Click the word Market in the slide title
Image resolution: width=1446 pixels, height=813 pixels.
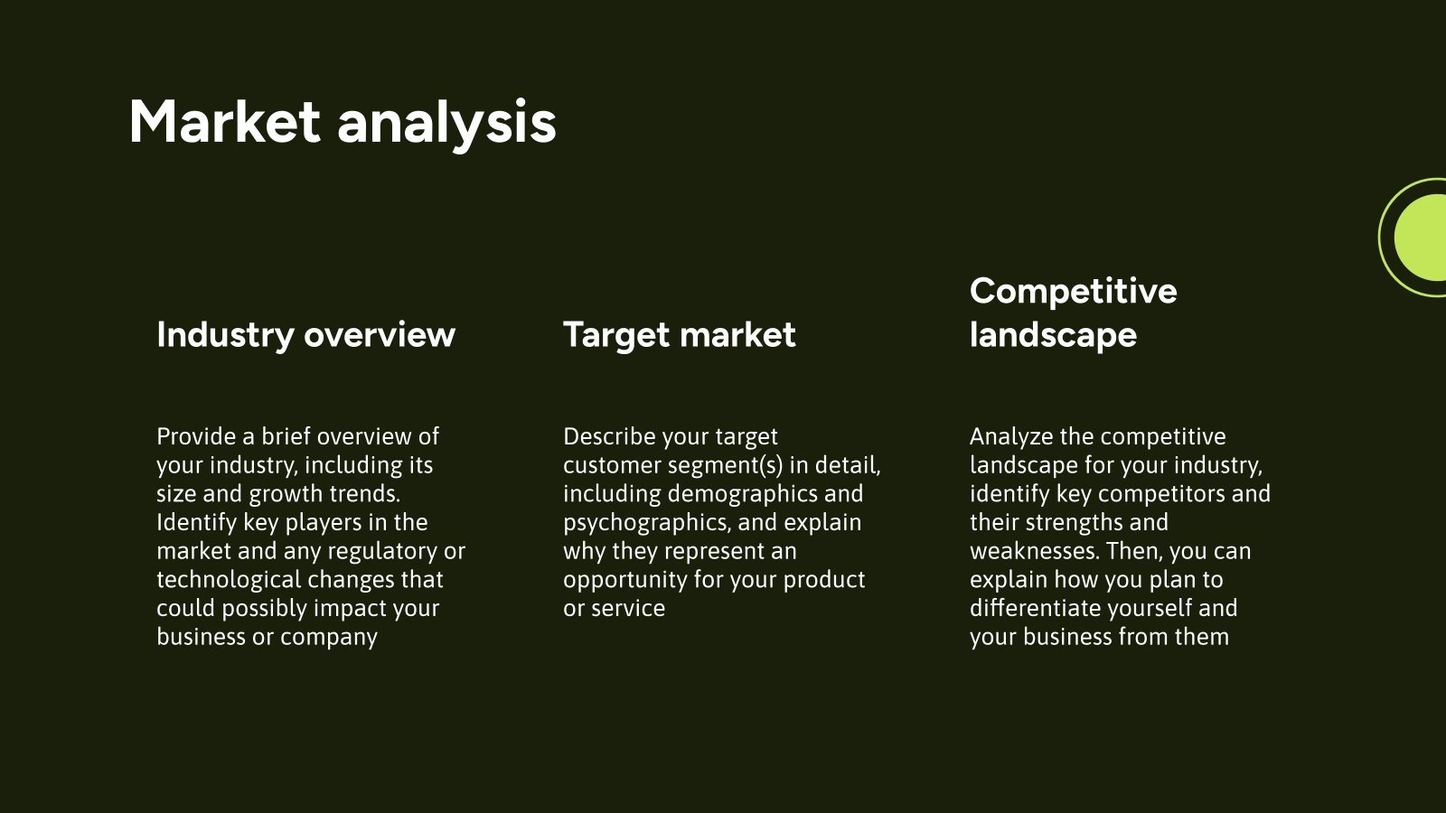pyautogui.click(x=225, y=122)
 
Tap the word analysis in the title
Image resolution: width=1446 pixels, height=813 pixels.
pyautogui.click(x=446, y=126)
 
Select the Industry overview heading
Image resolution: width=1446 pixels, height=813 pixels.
pyautogui.click(x=306, y=335)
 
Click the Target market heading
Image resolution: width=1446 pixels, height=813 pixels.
pyautogui.click(x=679, y=335)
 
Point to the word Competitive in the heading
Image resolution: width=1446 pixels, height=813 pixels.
pyautogui.click(x=1074, y=292)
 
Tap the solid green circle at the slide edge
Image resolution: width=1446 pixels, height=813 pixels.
pyautogui.click(x=1420, y=238)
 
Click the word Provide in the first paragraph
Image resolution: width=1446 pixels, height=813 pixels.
pyautogui.click(x=196, y=436)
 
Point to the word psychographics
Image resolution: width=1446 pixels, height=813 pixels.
pyautogui.click(x=647, y=523)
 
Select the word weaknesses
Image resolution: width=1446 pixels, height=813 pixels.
pyautogui.click(x=1034, y=551)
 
